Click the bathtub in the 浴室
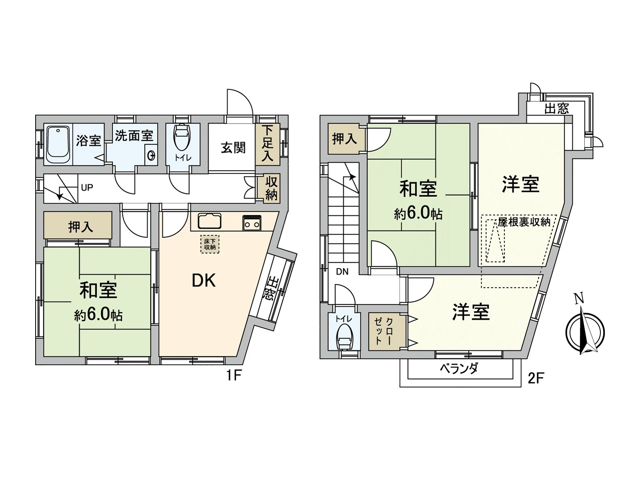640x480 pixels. coord(58,145)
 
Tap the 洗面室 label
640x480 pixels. coord(134,136)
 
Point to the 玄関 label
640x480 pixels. coord(233,148)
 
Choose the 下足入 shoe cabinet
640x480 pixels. coord(267,144)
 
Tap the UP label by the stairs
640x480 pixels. coord(87,187)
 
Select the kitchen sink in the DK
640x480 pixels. coord(210,221)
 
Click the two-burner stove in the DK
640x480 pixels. coord(252,223)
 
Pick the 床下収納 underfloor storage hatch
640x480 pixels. coord(210,244)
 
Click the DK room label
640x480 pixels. coord(204,281)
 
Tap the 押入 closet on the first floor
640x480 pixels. coord(80,227)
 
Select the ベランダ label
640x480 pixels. coord(459,368)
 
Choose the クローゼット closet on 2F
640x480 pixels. coord(384,332)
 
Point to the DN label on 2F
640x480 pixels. coord(342,272)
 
